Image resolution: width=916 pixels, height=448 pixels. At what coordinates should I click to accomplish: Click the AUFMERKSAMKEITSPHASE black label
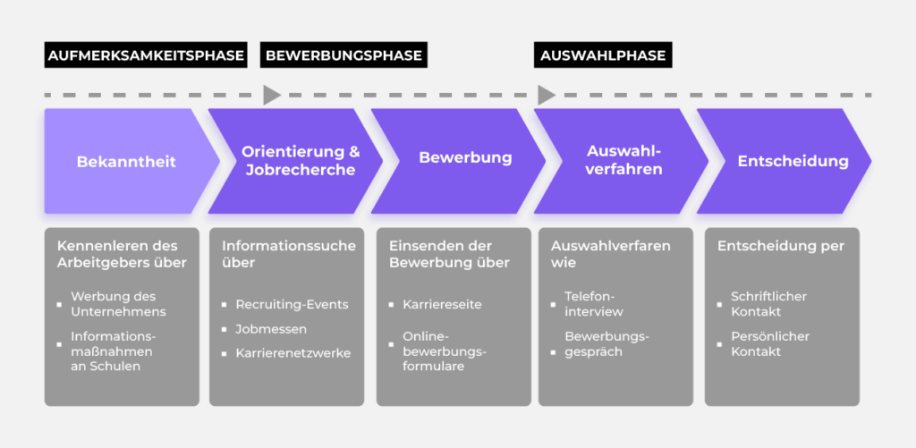146,55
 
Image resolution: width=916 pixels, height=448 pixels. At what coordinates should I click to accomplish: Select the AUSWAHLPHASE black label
604,55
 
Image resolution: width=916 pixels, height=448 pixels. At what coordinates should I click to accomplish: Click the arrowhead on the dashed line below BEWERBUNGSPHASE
272,95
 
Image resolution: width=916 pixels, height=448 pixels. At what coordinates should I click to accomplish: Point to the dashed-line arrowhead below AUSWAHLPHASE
546,95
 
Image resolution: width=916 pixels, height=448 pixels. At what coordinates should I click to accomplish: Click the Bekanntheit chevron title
126,162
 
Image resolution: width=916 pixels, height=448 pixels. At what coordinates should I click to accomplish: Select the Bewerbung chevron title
465,158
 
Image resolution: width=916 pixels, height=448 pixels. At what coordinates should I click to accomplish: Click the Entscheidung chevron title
793,161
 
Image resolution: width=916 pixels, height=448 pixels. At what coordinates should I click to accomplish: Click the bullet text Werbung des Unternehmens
119,304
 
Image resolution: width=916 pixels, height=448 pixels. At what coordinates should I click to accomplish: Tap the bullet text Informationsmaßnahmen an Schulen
114,351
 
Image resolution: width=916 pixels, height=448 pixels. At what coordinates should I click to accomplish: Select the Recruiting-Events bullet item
292,304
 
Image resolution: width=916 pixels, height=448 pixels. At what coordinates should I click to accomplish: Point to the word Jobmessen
271,329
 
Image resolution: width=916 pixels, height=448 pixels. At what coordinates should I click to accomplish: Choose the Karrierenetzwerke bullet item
293,353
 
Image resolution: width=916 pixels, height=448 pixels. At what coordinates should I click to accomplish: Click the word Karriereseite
442,304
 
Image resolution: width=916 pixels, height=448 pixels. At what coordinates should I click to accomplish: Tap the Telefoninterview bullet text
594,304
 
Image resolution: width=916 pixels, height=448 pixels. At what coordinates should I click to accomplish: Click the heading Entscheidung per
780,246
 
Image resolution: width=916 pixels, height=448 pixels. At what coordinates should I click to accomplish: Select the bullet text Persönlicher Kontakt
769,344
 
